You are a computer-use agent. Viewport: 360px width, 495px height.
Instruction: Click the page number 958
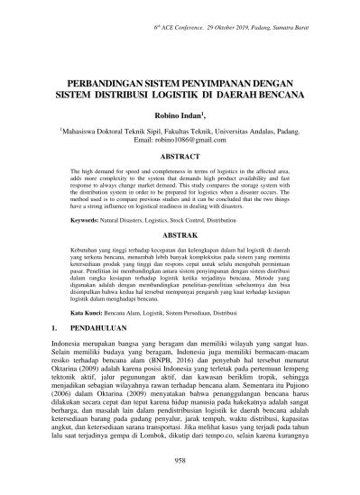pos(180,459)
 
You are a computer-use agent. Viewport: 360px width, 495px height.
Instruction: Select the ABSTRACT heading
pos(180,156)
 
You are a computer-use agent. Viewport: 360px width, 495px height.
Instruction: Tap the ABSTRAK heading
pos(180,233)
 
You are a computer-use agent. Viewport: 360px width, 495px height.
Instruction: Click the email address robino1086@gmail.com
pos(180,141)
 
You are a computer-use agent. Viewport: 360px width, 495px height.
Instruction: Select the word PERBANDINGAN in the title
pos(103,79)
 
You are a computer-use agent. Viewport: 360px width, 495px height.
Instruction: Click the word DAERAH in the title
pos(238,92)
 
